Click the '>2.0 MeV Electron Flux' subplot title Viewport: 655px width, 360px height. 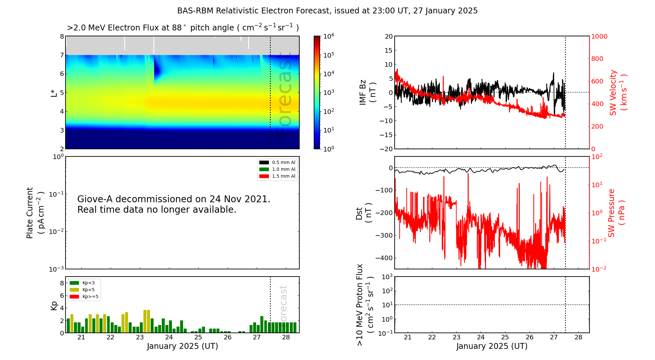click(183, 27)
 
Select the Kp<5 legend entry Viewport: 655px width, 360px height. click(84, 290)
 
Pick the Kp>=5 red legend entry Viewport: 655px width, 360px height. click(84, 297)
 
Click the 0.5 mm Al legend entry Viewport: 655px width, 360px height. click(277, 162)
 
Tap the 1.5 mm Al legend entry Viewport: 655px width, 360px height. click(277, 176)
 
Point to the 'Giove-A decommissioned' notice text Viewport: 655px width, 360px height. click(174, 204)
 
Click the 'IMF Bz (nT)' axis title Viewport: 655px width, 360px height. click(367, 92)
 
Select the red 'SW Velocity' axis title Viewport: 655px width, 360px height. click(618, 92)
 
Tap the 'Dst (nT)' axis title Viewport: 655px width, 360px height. click(364, 213)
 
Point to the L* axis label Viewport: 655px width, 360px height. click(54, 92)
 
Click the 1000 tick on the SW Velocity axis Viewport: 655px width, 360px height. click(599, 36)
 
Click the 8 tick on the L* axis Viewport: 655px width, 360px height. click(62, 36)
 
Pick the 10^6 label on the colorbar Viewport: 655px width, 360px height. click(328, 36)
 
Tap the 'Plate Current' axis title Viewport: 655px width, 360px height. click(34, 213)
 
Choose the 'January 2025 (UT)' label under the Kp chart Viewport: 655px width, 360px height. click(182, 346)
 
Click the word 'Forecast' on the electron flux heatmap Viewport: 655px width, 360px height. click(284, 95)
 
